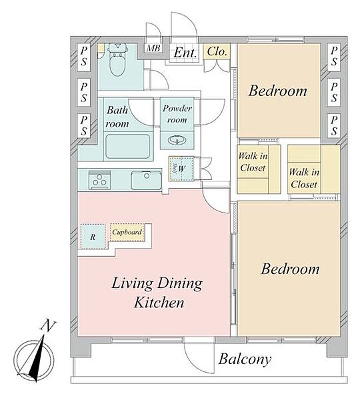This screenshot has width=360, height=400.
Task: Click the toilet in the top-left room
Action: coord(117,60)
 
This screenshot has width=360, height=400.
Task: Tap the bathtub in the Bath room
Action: coord(128,147)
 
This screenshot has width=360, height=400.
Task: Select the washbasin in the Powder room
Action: coord(177,140)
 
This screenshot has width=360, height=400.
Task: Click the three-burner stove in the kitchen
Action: coord(99,180)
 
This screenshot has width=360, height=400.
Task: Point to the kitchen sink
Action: coord(146,181)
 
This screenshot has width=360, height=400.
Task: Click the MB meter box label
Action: coord(153,48)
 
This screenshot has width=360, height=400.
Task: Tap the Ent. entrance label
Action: coord(185,53)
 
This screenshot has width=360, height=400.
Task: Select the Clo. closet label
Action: coord(217,51)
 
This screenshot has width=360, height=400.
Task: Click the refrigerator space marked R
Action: coord(93,237)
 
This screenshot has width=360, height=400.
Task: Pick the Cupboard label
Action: coord(127,232)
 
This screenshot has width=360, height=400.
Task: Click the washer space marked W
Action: coord(181,169)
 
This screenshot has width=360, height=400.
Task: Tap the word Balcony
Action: coord(245,359)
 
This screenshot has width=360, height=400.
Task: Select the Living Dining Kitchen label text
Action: coord(157,293)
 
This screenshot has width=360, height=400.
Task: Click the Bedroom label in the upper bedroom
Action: coord(278,91)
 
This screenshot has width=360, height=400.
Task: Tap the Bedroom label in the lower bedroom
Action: coord(290,269)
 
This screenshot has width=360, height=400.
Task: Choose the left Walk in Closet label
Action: coord(253,162)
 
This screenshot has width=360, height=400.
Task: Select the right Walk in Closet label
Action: coord(304,178)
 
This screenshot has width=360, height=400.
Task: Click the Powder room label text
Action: coord(177,114)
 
